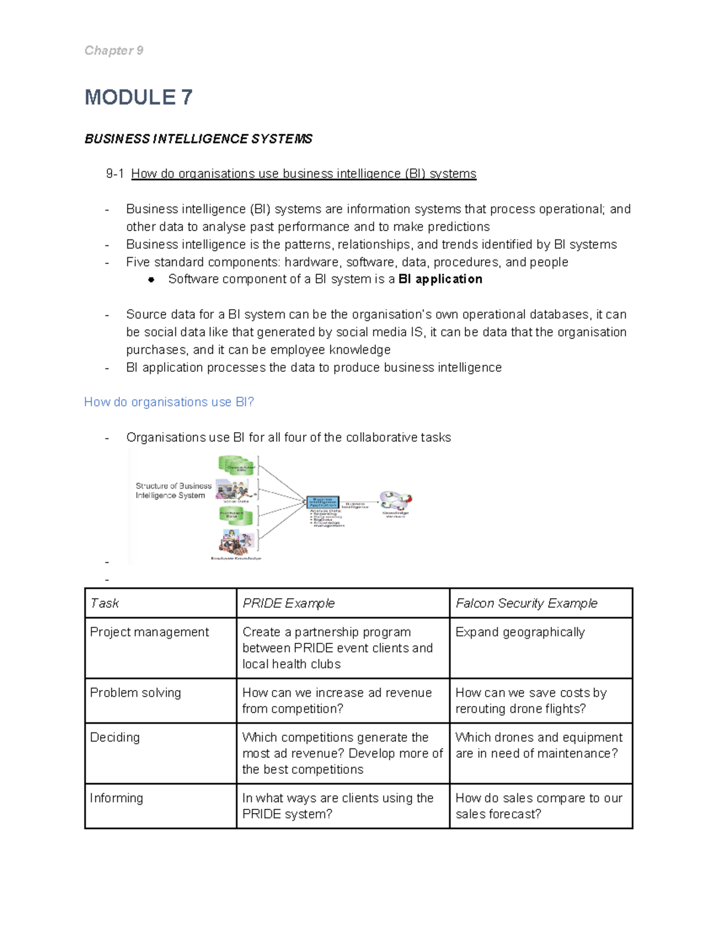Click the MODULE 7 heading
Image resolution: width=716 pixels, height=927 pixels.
(x=138, y=97)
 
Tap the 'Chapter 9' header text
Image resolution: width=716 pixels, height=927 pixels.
(x=113, y=51)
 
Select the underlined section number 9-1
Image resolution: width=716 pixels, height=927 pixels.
(x=115, y=174)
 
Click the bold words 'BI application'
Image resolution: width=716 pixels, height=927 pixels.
(x=440, y=279)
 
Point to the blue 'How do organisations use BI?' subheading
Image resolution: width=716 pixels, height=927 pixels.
(x=169, y=402)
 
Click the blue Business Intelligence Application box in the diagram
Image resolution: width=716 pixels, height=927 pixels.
(x=323, y=502)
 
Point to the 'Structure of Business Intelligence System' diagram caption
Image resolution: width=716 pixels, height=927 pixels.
(x=173, y=491)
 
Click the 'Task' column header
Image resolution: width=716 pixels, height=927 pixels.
(x=104, y=603)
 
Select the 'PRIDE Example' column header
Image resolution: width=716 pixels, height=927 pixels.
(x=288, y=603)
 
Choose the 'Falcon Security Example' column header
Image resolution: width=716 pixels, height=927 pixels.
(x=526, y=603)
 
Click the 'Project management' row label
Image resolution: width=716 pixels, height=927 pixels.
(x=149, y=632)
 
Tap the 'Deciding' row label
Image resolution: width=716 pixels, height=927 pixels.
(x=115, y=737)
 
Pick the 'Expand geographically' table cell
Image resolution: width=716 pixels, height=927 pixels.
(x=520, y=632)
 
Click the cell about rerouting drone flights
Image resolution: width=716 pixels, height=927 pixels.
(x=530, y=701)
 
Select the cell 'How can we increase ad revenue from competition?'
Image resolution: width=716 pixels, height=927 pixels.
(x=337, y=701)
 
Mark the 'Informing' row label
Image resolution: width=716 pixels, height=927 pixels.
(x=116, y=798)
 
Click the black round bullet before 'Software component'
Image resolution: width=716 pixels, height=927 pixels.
(x=152, y=279)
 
